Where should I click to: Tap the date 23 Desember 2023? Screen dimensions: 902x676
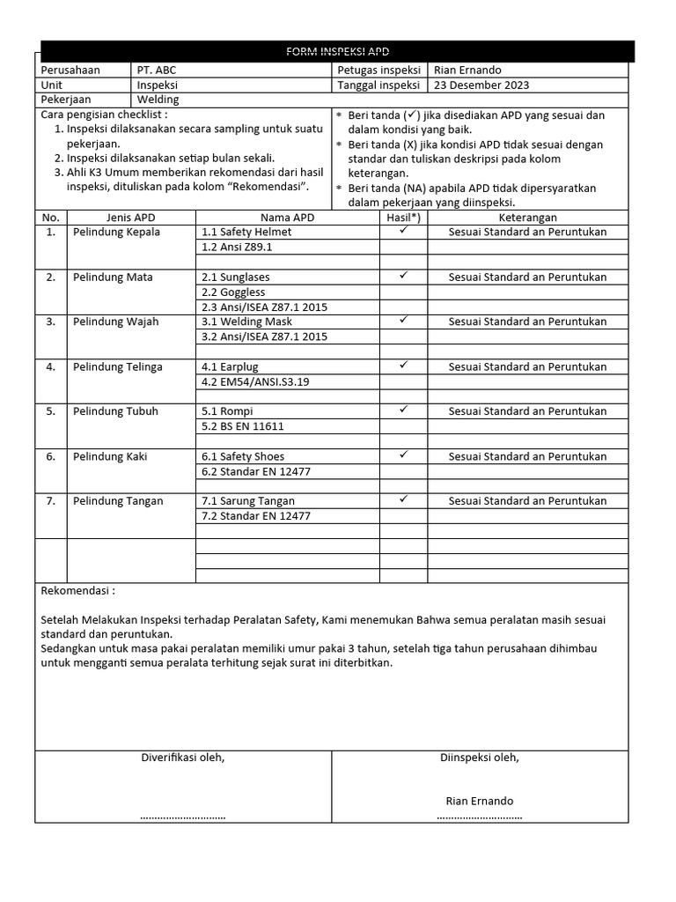(x=481, y=85)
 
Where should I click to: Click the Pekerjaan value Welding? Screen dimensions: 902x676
(x=158, y=100)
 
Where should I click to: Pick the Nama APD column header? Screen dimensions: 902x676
(x=287, y=218)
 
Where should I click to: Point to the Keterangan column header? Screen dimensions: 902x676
(x=527, y=218)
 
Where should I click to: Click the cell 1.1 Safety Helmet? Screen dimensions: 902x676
(x=246, y=233)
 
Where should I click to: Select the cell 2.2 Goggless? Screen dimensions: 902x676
(x=230, y=292)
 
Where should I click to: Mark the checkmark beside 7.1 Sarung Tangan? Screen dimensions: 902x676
(x=403, y=499)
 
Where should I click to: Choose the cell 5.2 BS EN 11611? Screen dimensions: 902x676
(x=243, y=426)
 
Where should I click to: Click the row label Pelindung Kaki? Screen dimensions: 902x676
(x=110, y=456)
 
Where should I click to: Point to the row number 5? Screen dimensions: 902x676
(x=51, y=411)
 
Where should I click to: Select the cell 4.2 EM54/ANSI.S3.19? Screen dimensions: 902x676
(x=256, y=381)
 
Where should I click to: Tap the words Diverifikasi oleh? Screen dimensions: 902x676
(x=183, y=758)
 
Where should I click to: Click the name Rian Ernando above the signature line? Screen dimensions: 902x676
(x=480, y=801)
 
